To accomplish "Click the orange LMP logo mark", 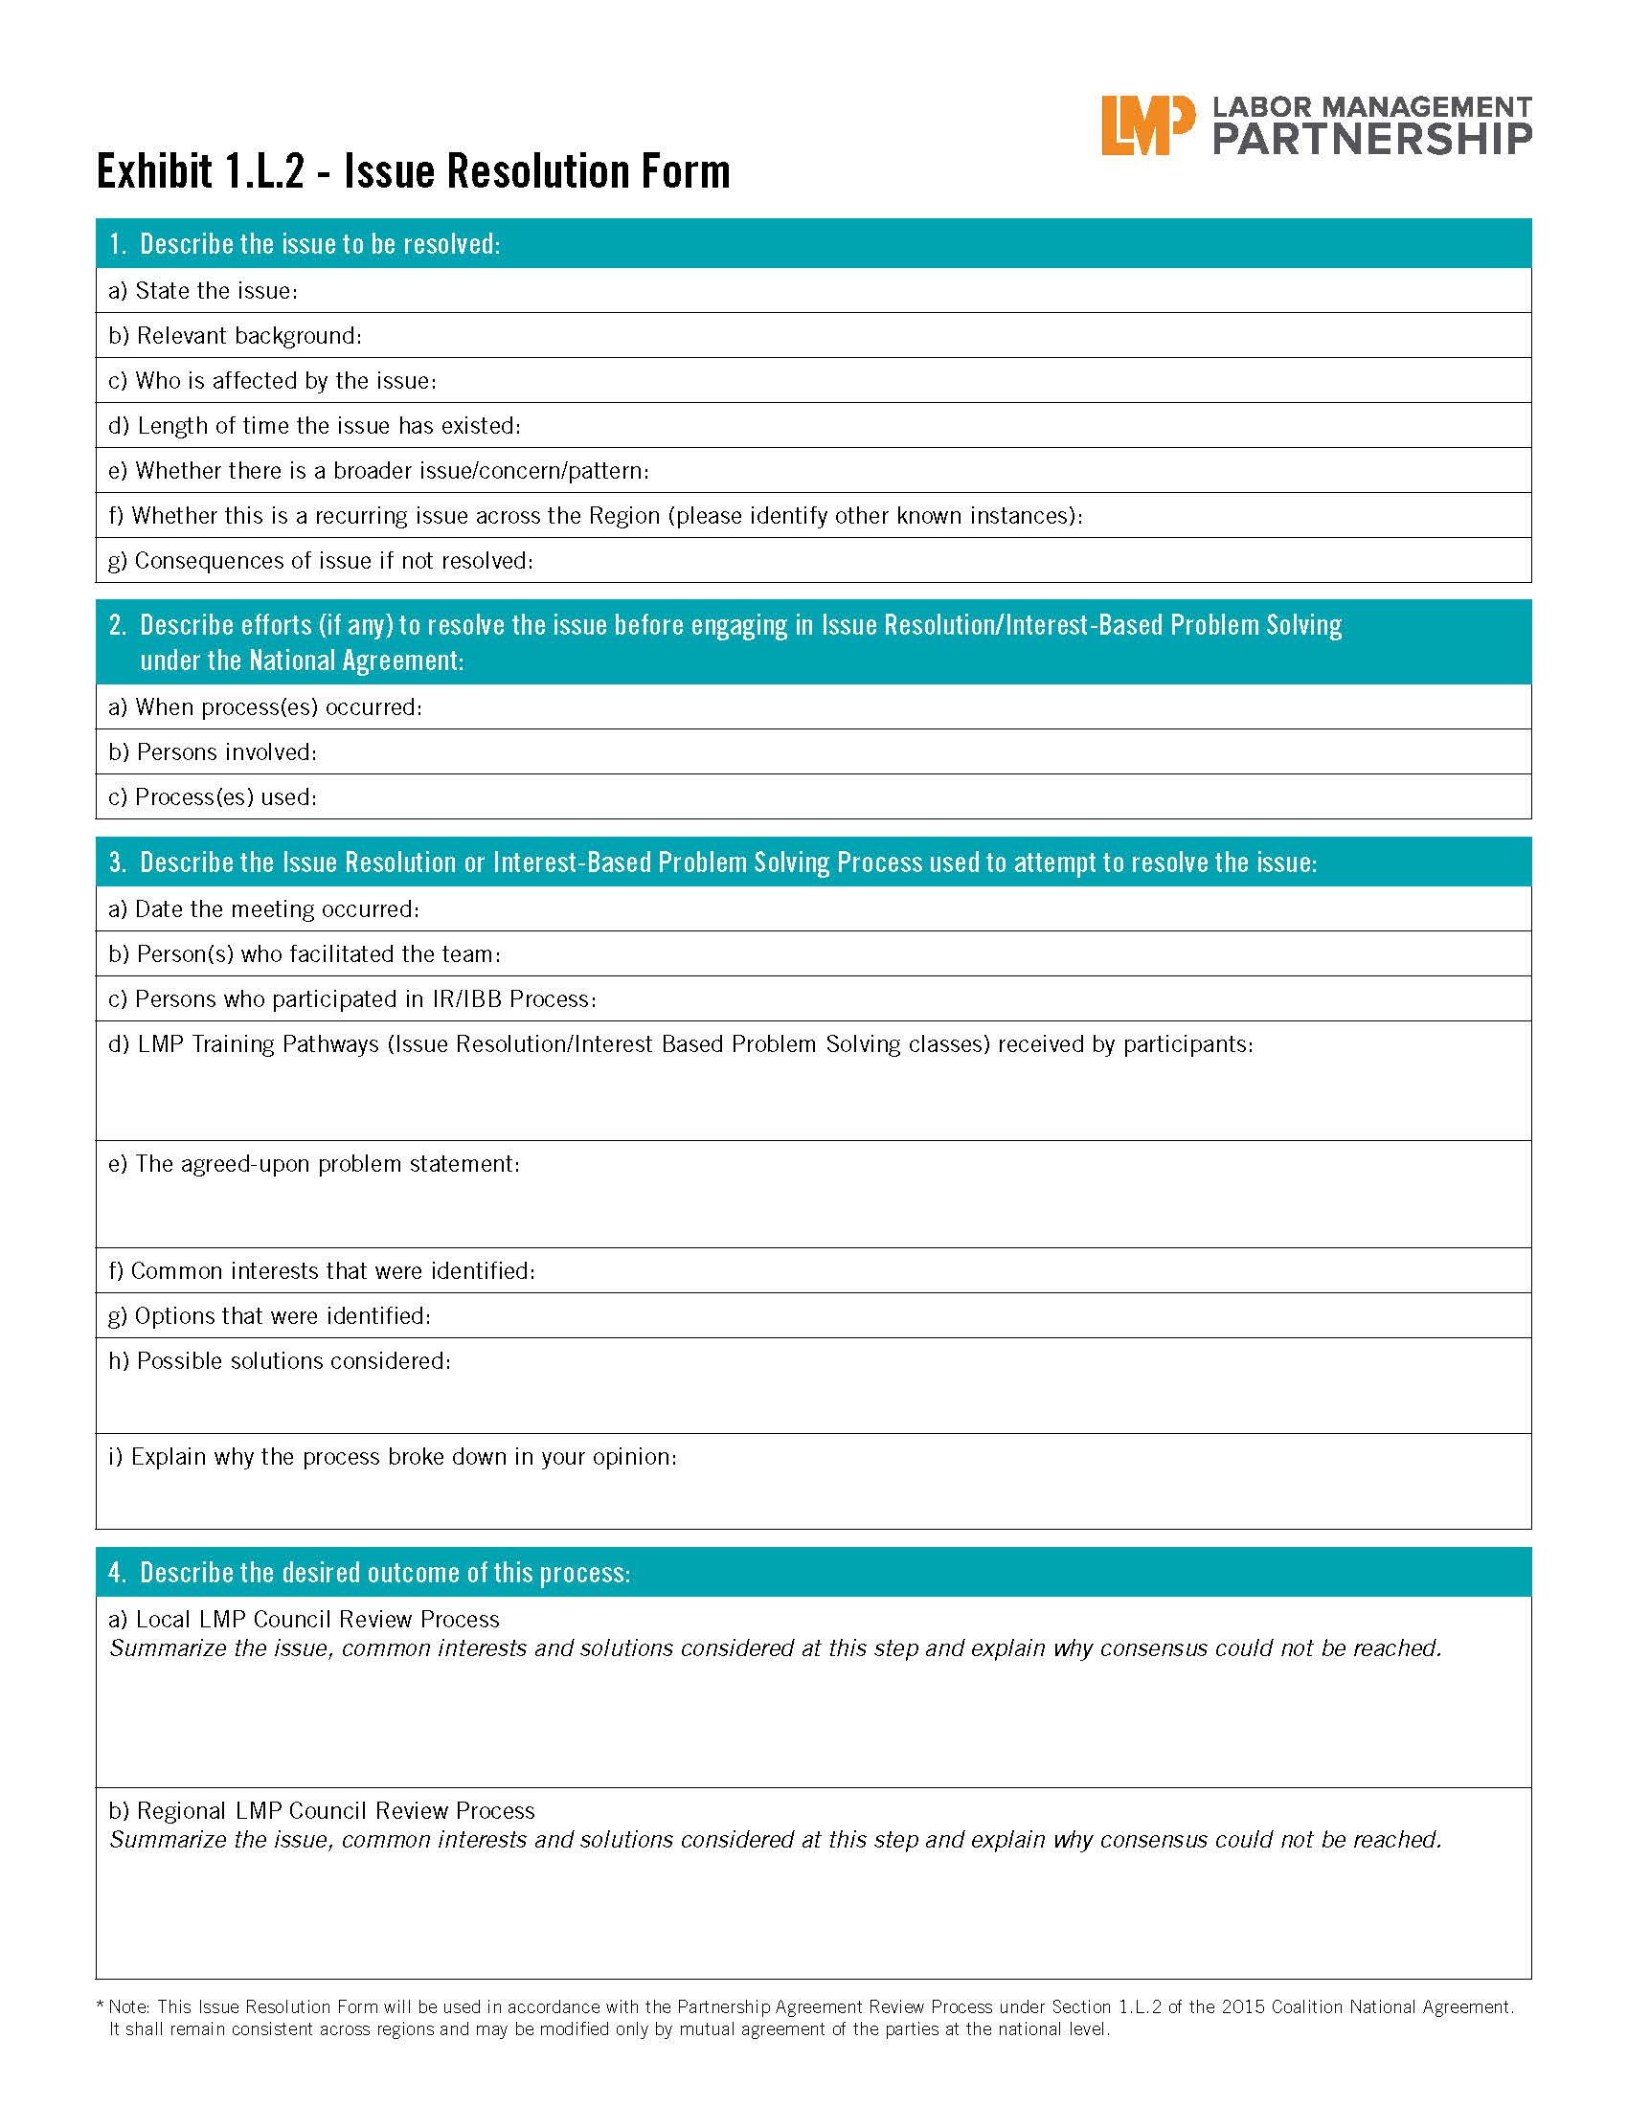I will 1146,125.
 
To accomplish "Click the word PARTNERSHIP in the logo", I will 1371,140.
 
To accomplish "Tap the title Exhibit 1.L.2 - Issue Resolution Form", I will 413,171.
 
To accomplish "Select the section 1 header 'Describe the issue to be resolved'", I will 318,244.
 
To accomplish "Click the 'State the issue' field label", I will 203,290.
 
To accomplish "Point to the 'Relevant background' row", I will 236,336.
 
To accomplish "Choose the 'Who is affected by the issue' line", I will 273,381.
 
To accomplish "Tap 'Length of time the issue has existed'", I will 314,425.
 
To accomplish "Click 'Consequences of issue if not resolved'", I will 320,560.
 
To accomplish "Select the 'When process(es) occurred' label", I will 265,706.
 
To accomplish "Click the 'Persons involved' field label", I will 213,752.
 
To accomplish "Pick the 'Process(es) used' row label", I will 213,797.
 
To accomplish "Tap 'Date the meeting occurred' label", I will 263,909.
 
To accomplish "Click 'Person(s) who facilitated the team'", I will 305,954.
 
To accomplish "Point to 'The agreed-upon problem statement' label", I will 314,1164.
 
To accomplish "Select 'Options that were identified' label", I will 270,1316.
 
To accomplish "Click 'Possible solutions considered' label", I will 280,1360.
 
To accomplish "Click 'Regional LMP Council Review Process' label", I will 322,1811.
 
